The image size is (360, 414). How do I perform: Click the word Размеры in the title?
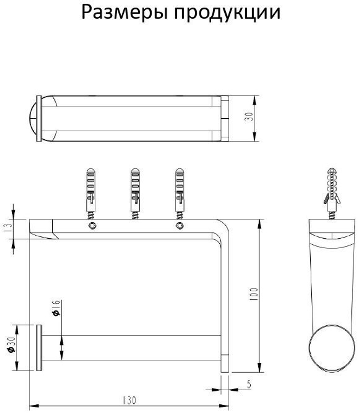point(123,13)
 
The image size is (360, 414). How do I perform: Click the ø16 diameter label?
point(56,309)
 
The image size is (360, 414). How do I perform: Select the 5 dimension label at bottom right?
point(249,384)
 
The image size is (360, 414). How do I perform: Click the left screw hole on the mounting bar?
point(91,226)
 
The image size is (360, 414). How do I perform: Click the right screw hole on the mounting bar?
point(179,226)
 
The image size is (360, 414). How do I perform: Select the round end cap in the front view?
point(39,347)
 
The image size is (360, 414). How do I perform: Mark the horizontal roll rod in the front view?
point(131,347)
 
